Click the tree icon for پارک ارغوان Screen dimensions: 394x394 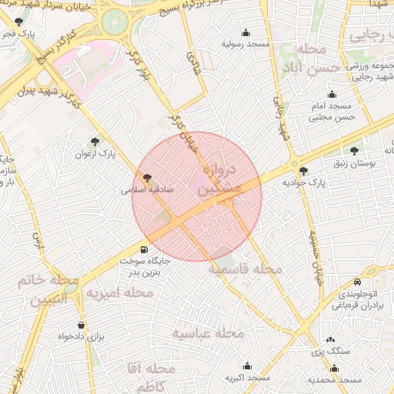95,141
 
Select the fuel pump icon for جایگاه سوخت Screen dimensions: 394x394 144,249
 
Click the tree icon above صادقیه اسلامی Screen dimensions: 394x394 148,176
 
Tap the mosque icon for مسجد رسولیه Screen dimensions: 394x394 246,32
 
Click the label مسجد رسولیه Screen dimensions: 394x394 245,45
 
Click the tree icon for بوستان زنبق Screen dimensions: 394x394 354,151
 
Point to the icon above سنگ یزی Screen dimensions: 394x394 331,339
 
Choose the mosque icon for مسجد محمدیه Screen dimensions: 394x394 334,367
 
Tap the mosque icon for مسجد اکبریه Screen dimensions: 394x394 247,366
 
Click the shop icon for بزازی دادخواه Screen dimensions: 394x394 82,325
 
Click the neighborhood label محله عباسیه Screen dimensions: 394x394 207,333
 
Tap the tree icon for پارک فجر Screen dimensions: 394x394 18,22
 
